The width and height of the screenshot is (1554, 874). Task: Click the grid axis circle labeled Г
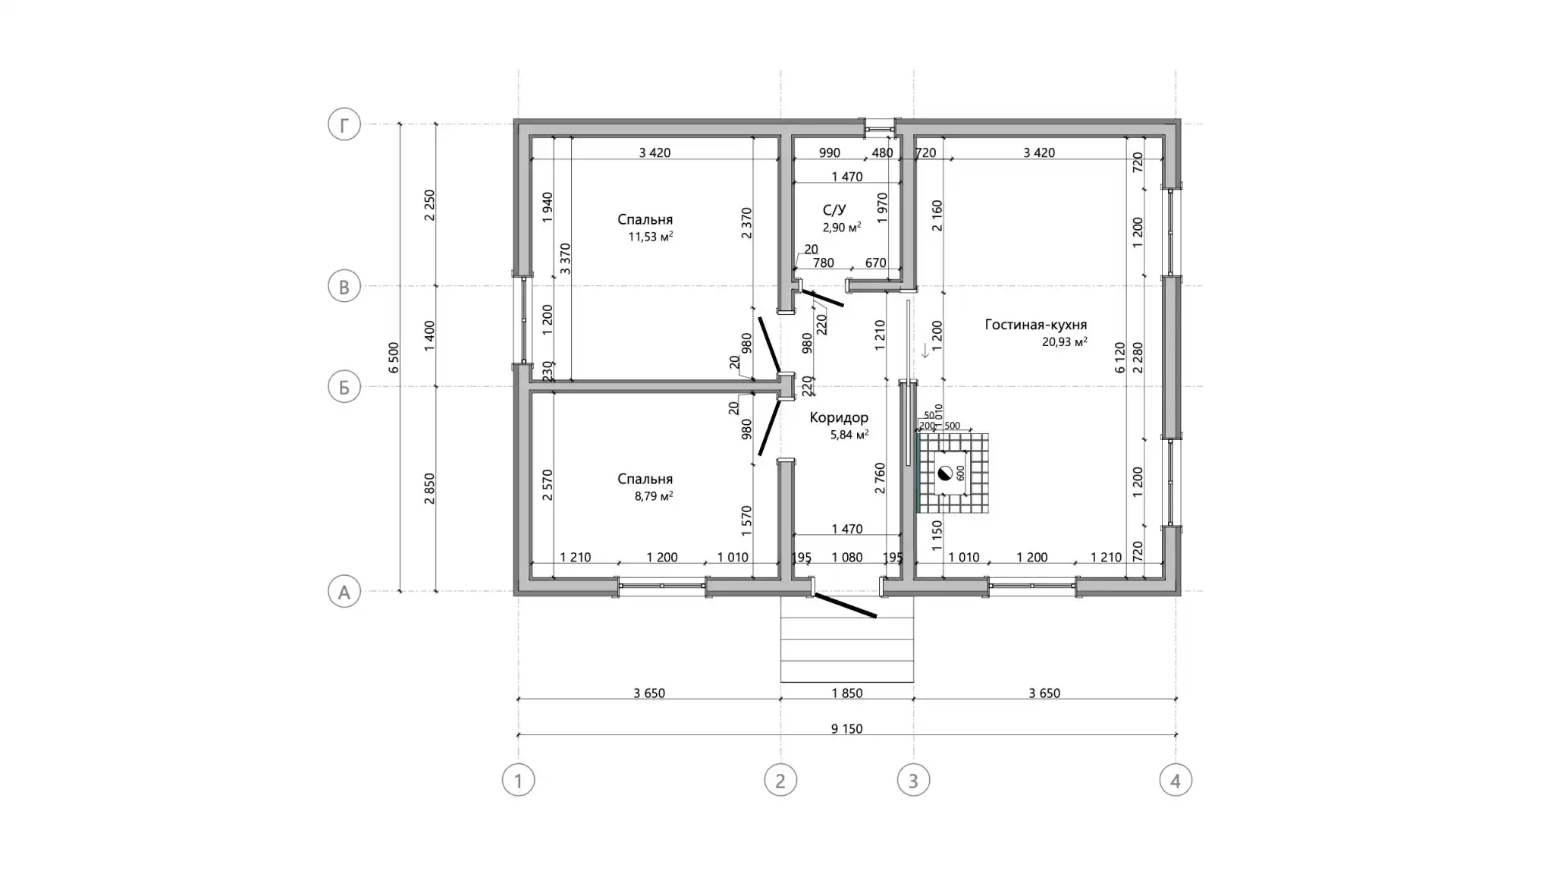click(x=344, y=125)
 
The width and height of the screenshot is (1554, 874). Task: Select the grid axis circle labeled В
click(x=344, y=287)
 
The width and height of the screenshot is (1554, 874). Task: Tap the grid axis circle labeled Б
click(x=344, y=387)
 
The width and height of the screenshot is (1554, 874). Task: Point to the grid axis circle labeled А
click(x=344, y=592)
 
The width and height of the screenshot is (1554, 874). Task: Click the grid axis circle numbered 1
click(x=519, y=780)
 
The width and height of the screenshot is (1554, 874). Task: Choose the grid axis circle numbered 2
click(x=780, y=780)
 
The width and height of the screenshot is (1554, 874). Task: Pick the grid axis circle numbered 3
click(x=913, y=780)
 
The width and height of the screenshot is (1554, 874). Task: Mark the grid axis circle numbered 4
click(x=1176, y=780)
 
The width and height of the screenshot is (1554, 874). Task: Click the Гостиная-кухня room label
click(x=1035, y=325)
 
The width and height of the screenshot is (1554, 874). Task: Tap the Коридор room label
click(x=839, y=417)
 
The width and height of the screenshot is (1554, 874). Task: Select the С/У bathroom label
click(x=834, y=209)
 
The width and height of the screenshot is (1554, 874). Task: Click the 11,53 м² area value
click(x=651, y=237)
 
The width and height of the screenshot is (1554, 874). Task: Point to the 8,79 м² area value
click(x=654, y=496)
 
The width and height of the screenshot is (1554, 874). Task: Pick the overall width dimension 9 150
click(x=846, y=729)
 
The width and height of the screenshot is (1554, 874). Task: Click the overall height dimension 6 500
click(x=393, y=357)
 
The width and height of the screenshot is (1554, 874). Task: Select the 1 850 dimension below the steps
click(x=846, y=693)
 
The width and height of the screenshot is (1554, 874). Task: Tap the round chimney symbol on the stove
click(x=944, y=473)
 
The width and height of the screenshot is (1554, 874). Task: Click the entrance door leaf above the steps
click(x=845, y=605)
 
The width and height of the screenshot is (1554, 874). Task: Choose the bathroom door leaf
click(x=822, y=297)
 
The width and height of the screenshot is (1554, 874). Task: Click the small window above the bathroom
click(x=880, y=127)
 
